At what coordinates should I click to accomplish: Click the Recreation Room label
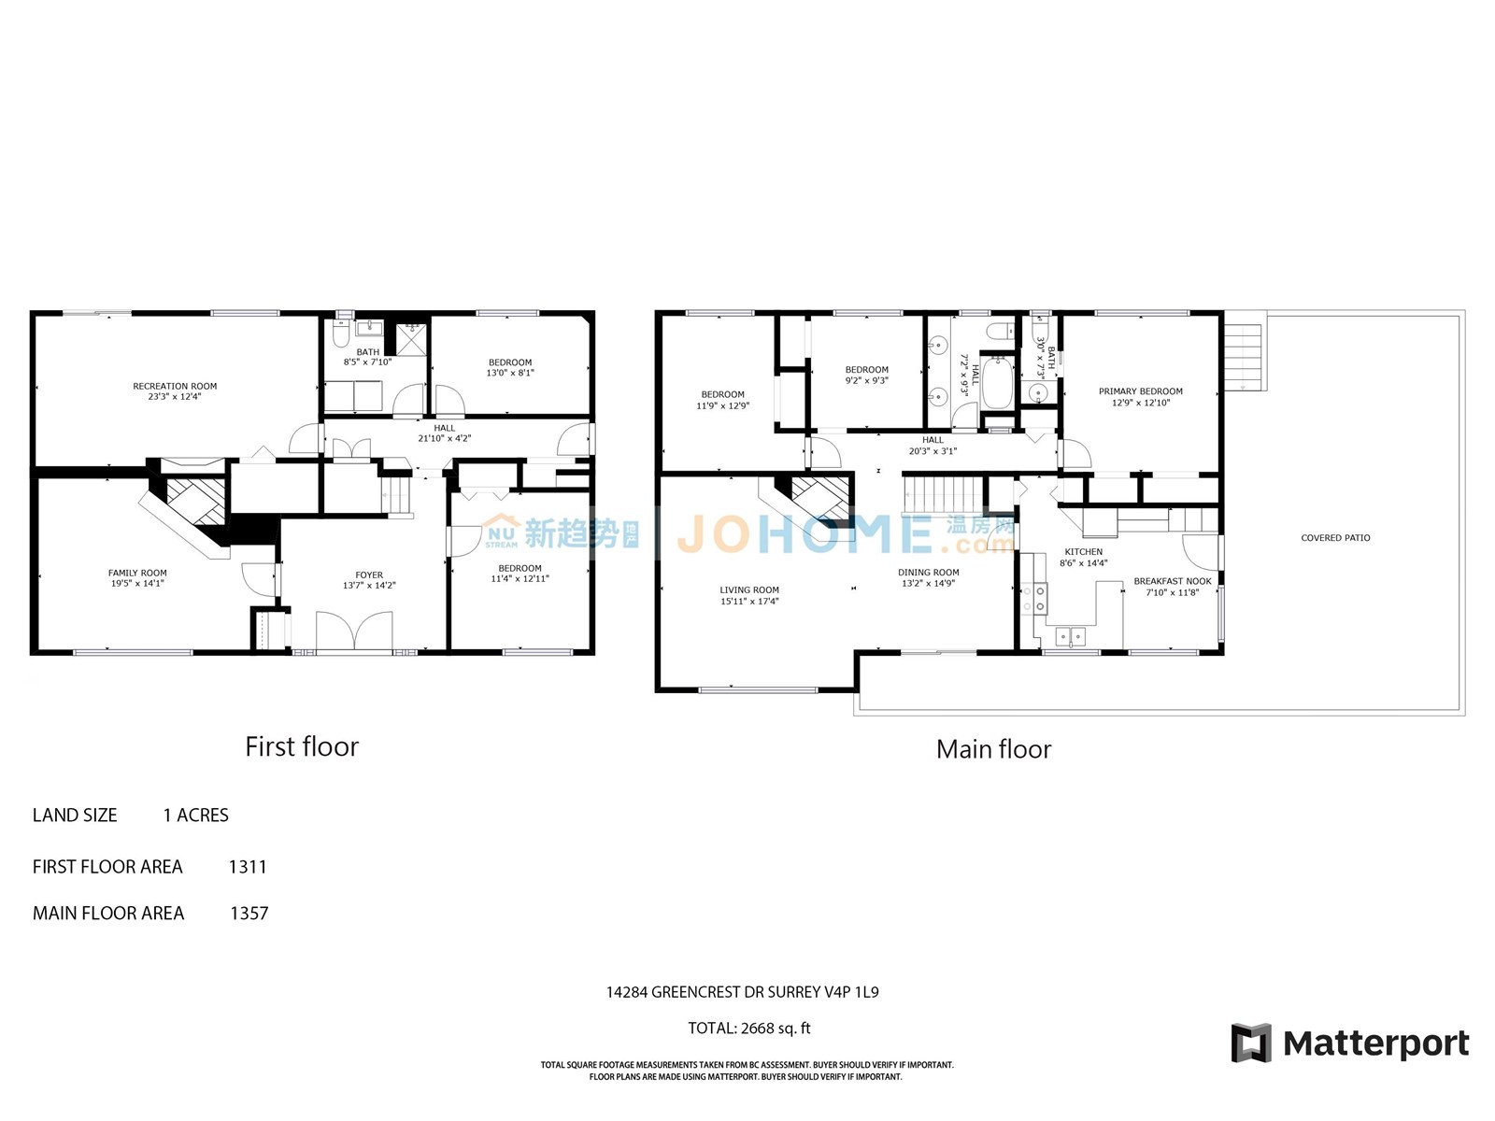pos(175,386)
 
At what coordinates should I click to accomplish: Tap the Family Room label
pos(137,573)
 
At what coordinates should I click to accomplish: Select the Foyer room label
pos(369,575)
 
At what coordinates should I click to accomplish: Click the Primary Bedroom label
pos(1140,391)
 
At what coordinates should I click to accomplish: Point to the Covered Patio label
pos(1335,538)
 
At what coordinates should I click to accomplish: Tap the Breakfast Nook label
pos(1172,581)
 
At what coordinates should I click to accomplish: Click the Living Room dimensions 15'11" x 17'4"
pos(749,601)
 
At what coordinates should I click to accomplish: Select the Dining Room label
pos(929,573)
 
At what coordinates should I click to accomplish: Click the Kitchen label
pos(1083,552)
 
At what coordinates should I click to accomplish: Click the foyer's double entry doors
pos(354,631)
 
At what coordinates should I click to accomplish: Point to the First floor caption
pos(302,746)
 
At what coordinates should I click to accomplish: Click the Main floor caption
pos(994,749)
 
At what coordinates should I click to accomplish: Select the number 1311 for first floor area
pos(248,867)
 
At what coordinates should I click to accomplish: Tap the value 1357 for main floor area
pos(249,913)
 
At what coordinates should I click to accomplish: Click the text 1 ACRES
pos(196,815)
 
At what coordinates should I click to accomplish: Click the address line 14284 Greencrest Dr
pos(743,992)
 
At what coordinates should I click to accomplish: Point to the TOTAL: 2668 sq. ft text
pos(749,1028)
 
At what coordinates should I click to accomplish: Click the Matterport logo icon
pos(1251,1043)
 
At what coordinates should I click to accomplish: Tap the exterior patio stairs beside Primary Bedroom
pos(1244,355)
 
